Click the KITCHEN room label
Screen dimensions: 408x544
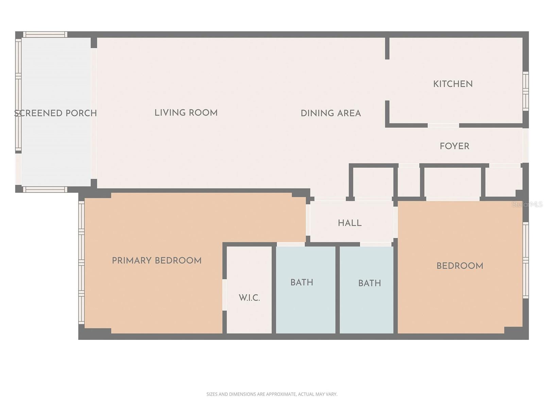453,84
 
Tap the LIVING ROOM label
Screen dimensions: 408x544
186,113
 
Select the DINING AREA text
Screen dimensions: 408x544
330,113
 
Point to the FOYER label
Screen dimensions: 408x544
454,146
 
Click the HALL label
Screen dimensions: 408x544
350,223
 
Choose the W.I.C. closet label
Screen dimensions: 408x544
249,298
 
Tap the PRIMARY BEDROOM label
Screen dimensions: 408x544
157,261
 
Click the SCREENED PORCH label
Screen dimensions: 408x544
56,113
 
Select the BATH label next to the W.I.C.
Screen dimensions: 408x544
302,283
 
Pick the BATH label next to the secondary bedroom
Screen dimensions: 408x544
369,283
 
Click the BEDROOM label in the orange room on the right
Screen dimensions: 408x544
460,266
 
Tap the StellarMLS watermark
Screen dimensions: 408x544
527,204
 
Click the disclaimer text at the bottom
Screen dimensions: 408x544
272,394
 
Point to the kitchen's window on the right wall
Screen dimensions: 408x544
526,91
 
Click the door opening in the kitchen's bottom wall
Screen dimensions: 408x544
443,125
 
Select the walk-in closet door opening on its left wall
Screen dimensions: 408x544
224,294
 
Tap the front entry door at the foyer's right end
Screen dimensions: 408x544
526,145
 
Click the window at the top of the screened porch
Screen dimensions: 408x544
45,34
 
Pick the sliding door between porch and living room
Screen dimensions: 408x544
94,113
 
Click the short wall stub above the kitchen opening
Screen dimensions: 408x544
387,48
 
